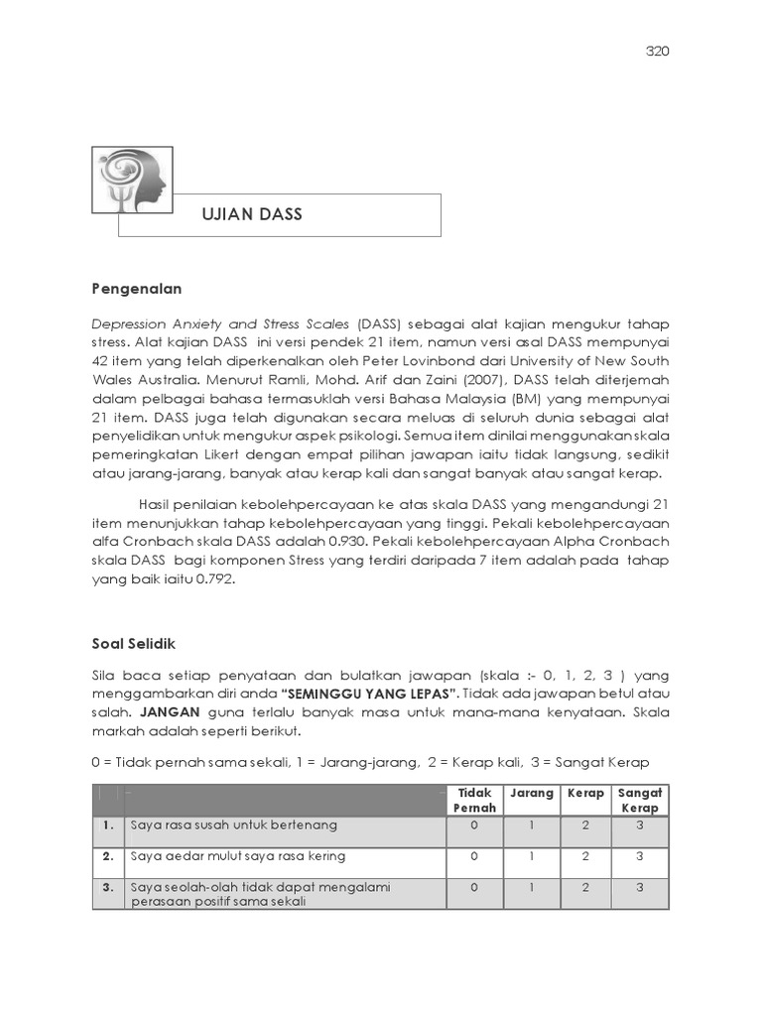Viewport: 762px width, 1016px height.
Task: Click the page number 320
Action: (656, 53)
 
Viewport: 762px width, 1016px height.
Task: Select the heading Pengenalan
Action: (137, 289)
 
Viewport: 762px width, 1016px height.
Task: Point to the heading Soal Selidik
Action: (133, 644)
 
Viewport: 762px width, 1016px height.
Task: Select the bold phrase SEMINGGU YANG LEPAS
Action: (369, 694)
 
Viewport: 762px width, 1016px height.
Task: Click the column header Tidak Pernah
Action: (474, 801)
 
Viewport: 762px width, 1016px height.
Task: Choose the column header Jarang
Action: (532, 794)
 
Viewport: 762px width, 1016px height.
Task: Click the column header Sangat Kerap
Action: (640, 801)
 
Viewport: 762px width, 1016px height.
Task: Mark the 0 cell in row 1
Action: (474, 825)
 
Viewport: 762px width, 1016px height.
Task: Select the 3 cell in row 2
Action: (640, 856)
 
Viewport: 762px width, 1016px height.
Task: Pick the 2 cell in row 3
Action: (586, 888)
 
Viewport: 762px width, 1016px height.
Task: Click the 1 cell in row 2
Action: (532, 856)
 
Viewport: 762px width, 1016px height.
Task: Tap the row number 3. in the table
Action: (107, 888)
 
